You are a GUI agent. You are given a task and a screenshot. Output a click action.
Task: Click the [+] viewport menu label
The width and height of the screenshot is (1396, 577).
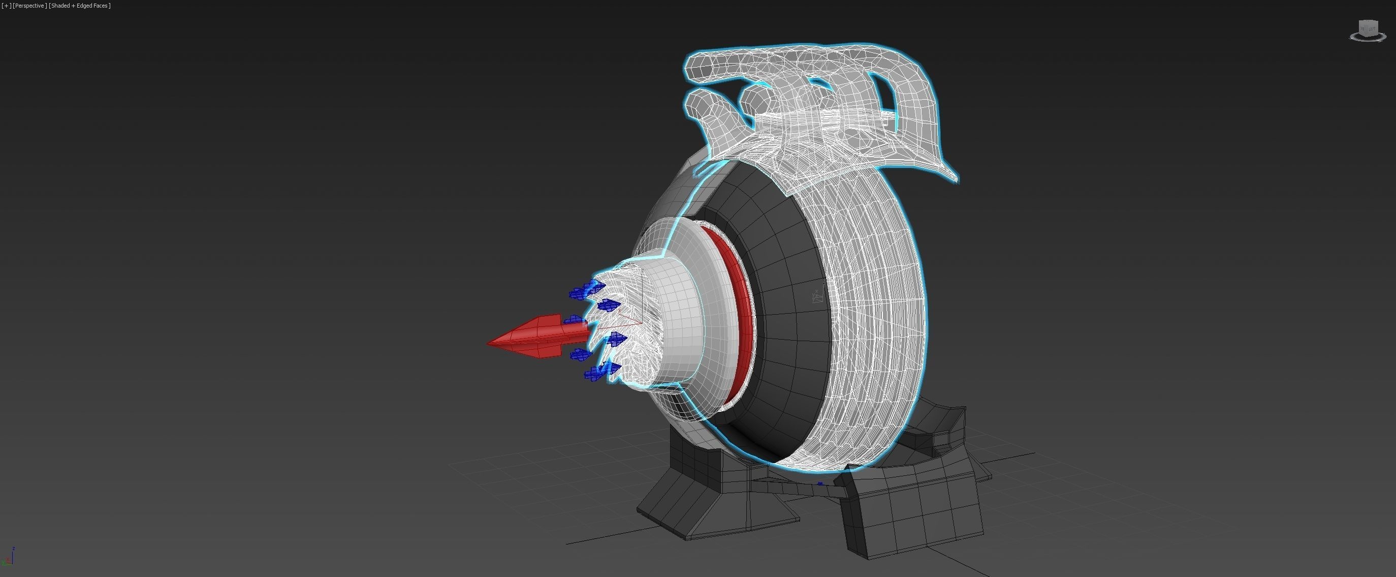pyautogui.click(x=6, y=6)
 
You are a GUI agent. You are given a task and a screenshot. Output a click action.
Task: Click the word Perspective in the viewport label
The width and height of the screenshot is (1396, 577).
pyautogui.click(x=29, y=6)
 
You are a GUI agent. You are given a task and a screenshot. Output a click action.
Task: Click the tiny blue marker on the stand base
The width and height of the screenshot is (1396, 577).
pyautogui.click(x=820, y=483)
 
